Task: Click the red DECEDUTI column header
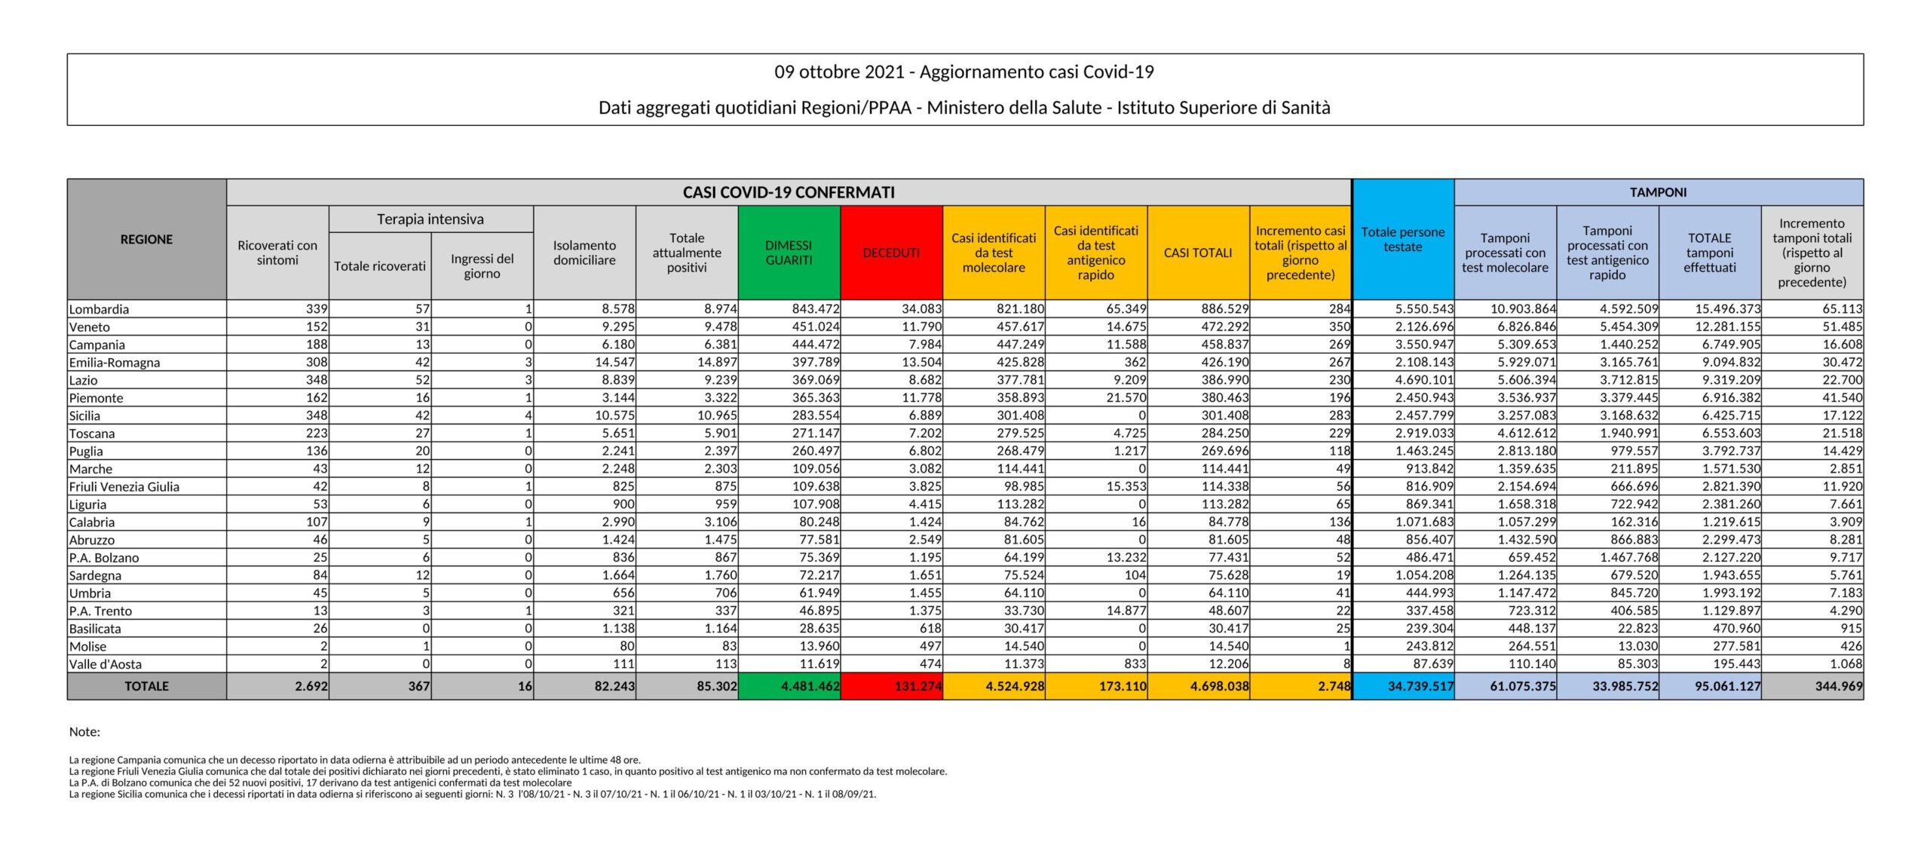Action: click(891, 253)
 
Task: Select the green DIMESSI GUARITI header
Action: click(789, 253)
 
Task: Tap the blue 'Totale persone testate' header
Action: click(1402, 239)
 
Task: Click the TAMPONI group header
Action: click(1658, 192)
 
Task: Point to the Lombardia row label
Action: click(99, 309)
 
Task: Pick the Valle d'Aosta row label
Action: click(106, 664)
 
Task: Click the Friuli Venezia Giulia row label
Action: click(124, 486)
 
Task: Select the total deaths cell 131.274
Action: click(918, 686)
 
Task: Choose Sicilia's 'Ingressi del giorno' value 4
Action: click(528, 415)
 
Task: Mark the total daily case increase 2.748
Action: click(1332, 686)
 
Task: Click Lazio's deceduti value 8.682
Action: click(921, 380)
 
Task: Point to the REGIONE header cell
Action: click(146, 239)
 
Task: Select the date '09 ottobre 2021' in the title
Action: click(838, 72)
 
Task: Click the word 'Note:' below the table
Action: click(84, 731)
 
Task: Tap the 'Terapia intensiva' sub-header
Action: click(430, 219)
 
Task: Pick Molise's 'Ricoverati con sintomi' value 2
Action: click(323, 646)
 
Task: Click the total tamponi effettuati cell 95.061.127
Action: click(1727, 686)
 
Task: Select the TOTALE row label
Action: click(146, 686)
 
